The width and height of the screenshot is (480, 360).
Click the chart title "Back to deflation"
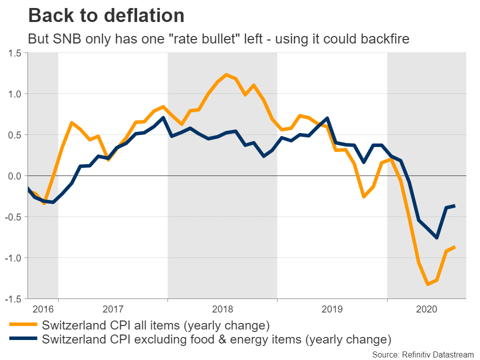[x=106, y=15]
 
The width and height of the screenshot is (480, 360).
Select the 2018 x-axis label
[x=222, y=309]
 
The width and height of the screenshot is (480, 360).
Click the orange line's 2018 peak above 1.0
[x=226, y=75]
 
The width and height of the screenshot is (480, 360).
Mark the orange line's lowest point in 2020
[x=427, y=284]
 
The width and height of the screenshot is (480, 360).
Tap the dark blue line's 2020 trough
[x=436, y=237]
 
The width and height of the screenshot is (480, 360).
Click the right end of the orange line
[x=454, y=246]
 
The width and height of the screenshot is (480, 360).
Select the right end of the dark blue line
[x=454, y=205]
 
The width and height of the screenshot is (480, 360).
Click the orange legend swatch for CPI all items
[x=23, y=325]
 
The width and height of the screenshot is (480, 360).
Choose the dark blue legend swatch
[x=23, y=339]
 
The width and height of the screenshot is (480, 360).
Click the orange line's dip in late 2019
[x=363, y=197]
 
